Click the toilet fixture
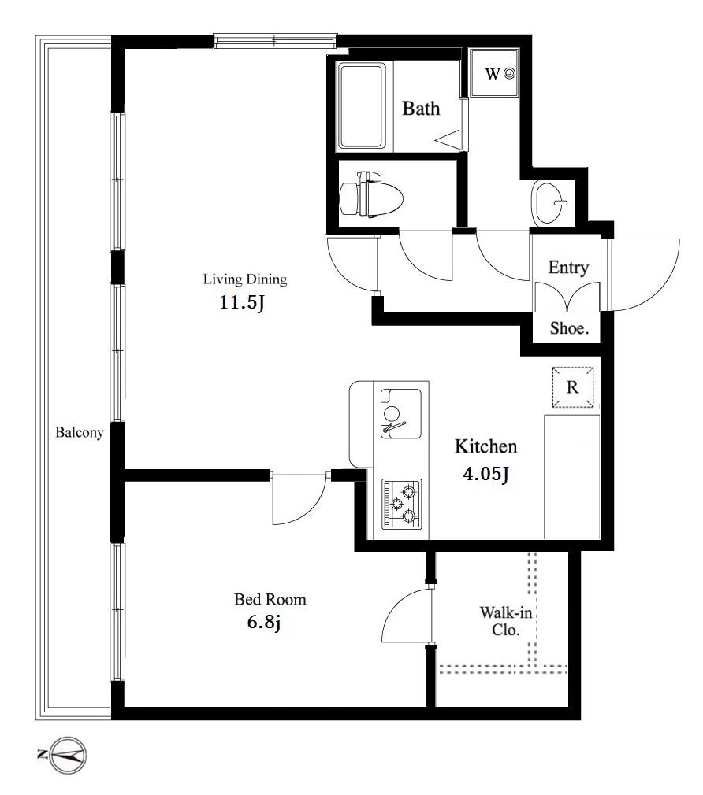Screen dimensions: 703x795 pos(370,194)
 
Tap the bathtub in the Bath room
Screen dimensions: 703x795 pos(362,106)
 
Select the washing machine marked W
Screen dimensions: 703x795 pos(493,72)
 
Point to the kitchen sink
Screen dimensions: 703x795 pos(401,413)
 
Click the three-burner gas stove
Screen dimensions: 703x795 pos(401,504)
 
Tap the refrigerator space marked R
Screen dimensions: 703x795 pos(572,387)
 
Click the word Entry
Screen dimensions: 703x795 pos(568,267)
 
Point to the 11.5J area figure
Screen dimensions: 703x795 pos(242,303)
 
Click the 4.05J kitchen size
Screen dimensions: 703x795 pos(485,474)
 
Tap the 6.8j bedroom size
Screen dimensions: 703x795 pos(264,622)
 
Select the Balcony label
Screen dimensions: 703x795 pos(79,432)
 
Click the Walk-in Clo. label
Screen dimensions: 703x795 pos(505,621)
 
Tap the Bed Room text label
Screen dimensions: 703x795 pos(270,599)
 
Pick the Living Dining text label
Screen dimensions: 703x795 pos(245,279)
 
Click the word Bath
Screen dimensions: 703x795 pos(421,108)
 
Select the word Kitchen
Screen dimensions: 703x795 pos(485,446)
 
